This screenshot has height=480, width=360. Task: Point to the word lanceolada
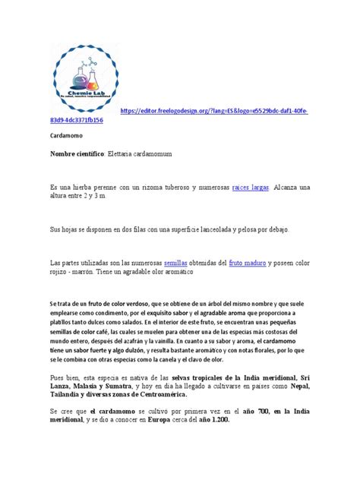pyautogui.click(x=220, y=229)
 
